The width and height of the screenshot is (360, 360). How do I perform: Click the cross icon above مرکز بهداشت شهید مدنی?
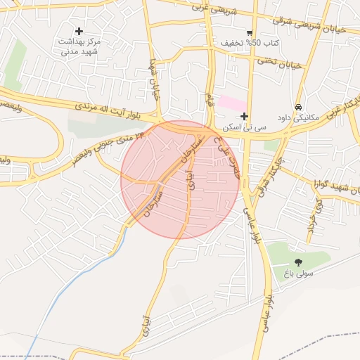79,31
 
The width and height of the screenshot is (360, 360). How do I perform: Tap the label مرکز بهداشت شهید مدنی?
79,46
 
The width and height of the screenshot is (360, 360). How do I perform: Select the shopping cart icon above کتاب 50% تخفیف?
250,33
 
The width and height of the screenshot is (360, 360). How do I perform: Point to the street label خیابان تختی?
281,63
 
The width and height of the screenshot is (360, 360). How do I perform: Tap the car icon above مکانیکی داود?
299,107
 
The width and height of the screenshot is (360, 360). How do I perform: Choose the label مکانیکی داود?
299,118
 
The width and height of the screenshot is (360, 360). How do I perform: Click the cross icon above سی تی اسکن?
244,116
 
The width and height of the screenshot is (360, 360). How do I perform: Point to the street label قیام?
209,98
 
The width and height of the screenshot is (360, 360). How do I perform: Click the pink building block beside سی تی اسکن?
231,103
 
